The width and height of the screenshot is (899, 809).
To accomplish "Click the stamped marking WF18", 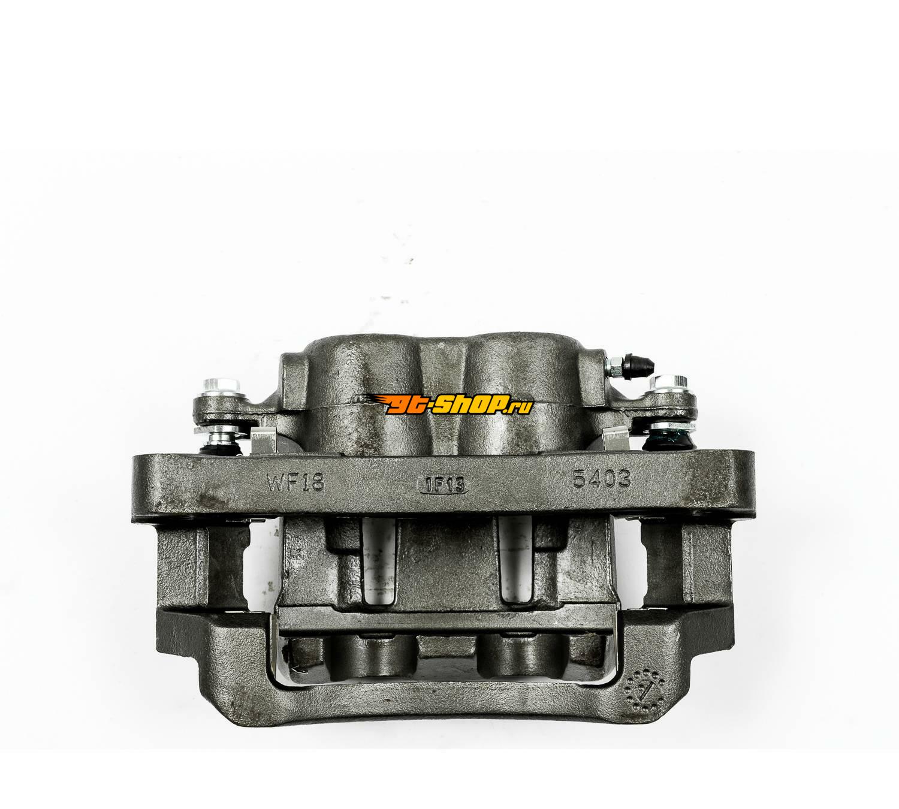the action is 295,483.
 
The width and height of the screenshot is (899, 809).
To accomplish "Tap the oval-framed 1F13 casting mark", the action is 442,485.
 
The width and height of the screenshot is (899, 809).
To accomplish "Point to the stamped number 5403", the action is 602,480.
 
